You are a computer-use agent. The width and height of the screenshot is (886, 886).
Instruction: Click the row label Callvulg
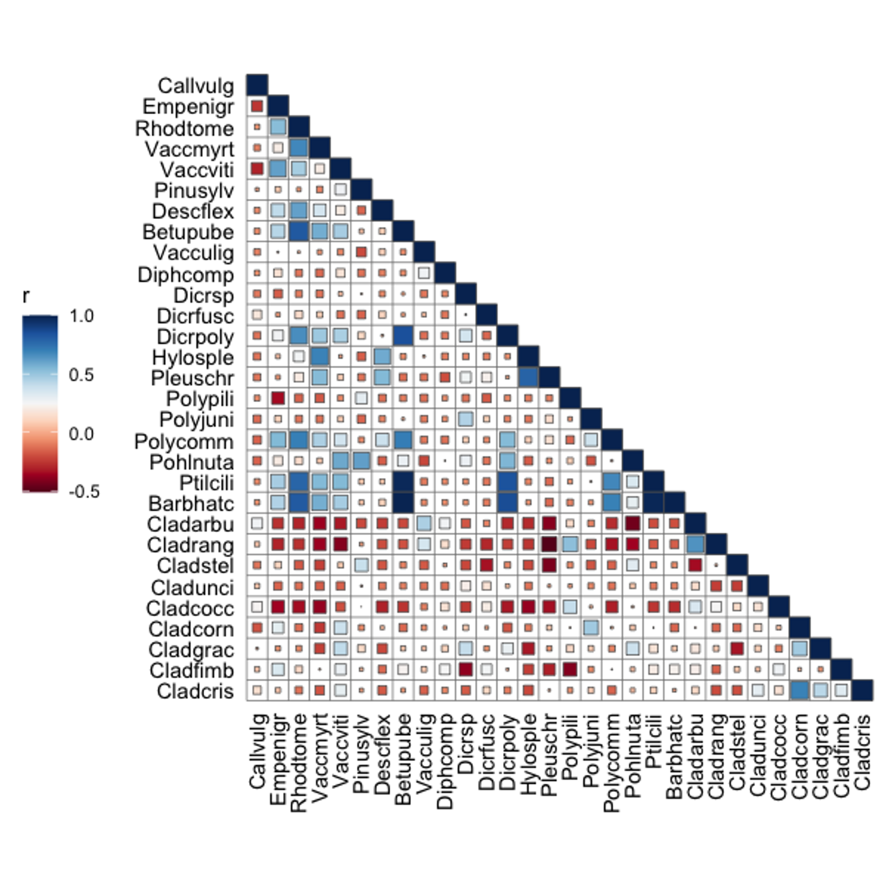[196, 86]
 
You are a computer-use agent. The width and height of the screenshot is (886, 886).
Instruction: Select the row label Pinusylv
[194, 190]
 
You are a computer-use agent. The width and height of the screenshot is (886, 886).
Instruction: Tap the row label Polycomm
[184, 442]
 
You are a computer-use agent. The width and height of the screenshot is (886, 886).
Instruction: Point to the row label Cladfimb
[192, 671]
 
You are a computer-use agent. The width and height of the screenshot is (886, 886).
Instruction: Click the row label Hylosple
[193, 357]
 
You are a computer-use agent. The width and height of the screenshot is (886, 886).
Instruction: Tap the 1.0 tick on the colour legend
[82, 316]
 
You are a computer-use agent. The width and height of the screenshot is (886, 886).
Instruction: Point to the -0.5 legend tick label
[84, 492]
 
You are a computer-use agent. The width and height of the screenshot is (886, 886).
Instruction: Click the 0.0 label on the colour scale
[82, 434]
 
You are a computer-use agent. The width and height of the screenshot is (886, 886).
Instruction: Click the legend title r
[26, 296]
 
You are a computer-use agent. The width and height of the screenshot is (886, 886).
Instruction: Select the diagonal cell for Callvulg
[257, 85]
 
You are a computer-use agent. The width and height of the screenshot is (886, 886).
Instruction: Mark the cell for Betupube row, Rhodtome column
[299, 232]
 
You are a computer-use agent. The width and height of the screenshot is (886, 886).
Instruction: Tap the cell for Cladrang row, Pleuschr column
[549, 544]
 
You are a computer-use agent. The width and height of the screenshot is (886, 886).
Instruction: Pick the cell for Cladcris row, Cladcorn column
[800, 691]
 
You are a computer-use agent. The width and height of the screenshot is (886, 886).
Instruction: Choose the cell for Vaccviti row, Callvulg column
[257, 169]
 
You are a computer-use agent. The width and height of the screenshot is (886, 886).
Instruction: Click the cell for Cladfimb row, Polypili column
[570, 669]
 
